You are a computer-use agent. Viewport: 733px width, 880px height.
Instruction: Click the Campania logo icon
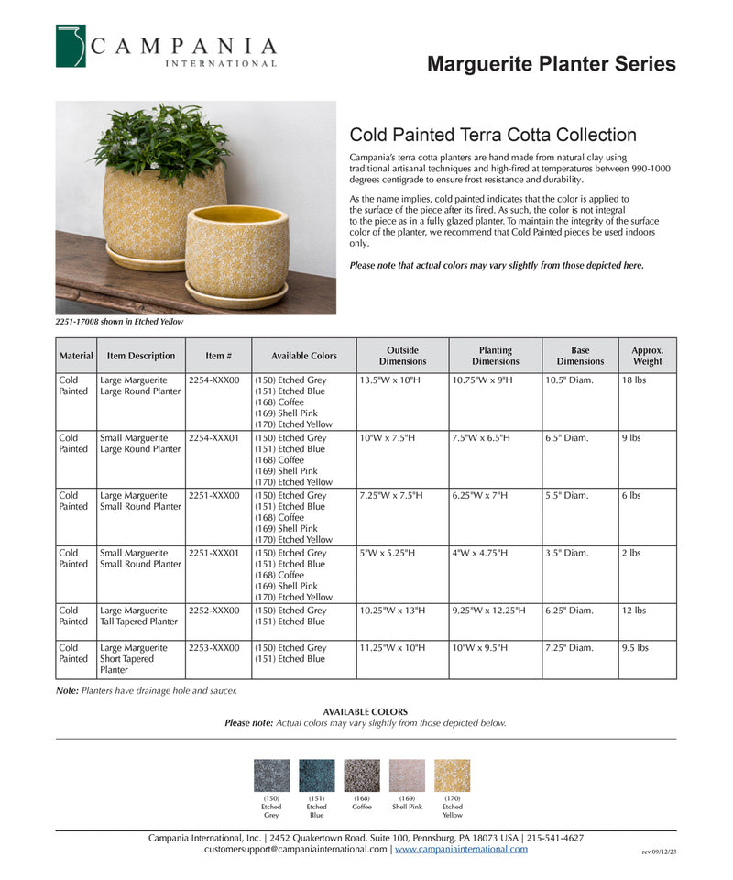(71, 46)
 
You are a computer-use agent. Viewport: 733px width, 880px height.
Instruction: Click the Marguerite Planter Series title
(552, 64)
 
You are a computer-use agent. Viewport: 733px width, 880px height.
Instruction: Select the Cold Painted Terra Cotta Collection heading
(493, 135)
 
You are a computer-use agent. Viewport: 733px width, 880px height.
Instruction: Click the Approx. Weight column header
(647, 356)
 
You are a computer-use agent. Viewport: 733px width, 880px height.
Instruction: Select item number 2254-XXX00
(213, 379)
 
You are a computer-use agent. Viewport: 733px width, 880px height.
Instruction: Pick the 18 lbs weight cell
(634, 379)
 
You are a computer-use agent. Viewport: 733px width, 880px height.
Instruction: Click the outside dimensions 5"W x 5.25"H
(388, 553)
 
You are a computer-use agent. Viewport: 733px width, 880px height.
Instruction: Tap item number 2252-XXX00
(213, 610)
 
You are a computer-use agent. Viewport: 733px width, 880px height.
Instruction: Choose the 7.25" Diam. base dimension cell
(569, 647)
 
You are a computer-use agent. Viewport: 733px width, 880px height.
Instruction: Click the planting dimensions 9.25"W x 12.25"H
(488, 610)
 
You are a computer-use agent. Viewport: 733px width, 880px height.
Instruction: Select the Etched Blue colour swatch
(317, 775)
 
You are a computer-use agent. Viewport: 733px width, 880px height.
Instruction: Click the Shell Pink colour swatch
(407, 775)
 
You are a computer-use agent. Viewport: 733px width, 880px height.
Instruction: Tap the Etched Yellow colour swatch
(452, 775)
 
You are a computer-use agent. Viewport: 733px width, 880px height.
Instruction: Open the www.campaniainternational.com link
(461, 850)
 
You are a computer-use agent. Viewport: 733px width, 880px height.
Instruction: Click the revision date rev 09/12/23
(659, 852)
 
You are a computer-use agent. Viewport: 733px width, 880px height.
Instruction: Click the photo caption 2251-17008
(119, 322)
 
